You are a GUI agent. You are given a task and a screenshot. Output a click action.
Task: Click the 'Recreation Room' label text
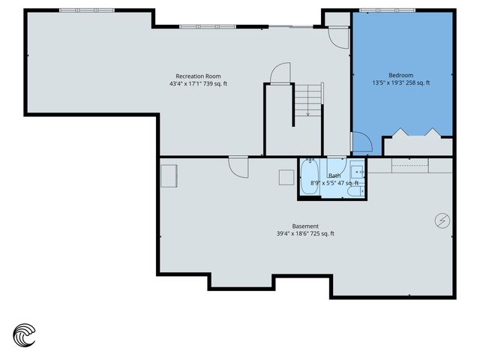click(198, 76)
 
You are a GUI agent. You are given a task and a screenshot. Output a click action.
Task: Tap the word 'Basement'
click(305, 226)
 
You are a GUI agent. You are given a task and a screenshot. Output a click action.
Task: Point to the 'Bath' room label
click(334, 175)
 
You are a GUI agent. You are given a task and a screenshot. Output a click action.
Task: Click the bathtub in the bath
click(310, 178)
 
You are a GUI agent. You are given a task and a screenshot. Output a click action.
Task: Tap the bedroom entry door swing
click(360, 142)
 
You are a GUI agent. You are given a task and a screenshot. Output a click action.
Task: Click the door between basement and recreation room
click(239, 166)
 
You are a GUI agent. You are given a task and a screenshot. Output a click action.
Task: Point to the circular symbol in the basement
click(442, 220)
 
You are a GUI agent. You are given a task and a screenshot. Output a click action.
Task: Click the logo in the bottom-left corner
click(25, 334)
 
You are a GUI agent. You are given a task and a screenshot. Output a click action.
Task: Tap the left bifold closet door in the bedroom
click(401, 133)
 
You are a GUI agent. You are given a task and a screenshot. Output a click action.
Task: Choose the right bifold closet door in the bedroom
click(433, 133)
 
